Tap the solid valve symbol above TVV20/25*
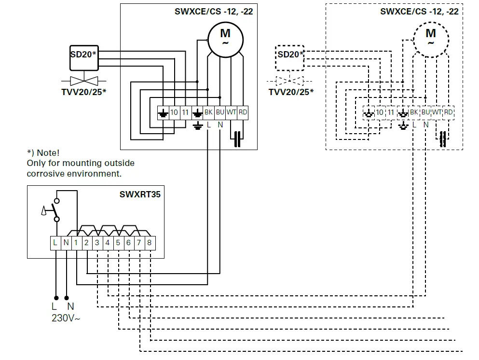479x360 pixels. coord(84,80)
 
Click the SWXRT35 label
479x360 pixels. coord(140,195)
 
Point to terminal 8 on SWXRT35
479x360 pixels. coord(150,243)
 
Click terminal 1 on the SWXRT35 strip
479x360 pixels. coord(76,243)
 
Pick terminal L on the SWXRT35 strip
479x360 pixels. coord(55,243)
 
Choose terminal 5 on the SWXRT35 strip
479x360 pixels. coord(118,243)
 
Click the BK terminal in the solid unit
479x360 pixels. coord(208,112)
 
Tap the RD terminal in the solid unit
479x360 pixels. coord(243,112)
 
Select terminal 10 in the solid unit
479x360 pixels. coord(174,112)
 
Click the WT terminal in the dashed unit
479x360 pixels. coord(437,112)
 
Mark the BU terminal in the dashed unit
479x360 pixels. coord(425,112)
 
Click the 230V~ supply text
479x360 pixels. coord(66,318)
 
